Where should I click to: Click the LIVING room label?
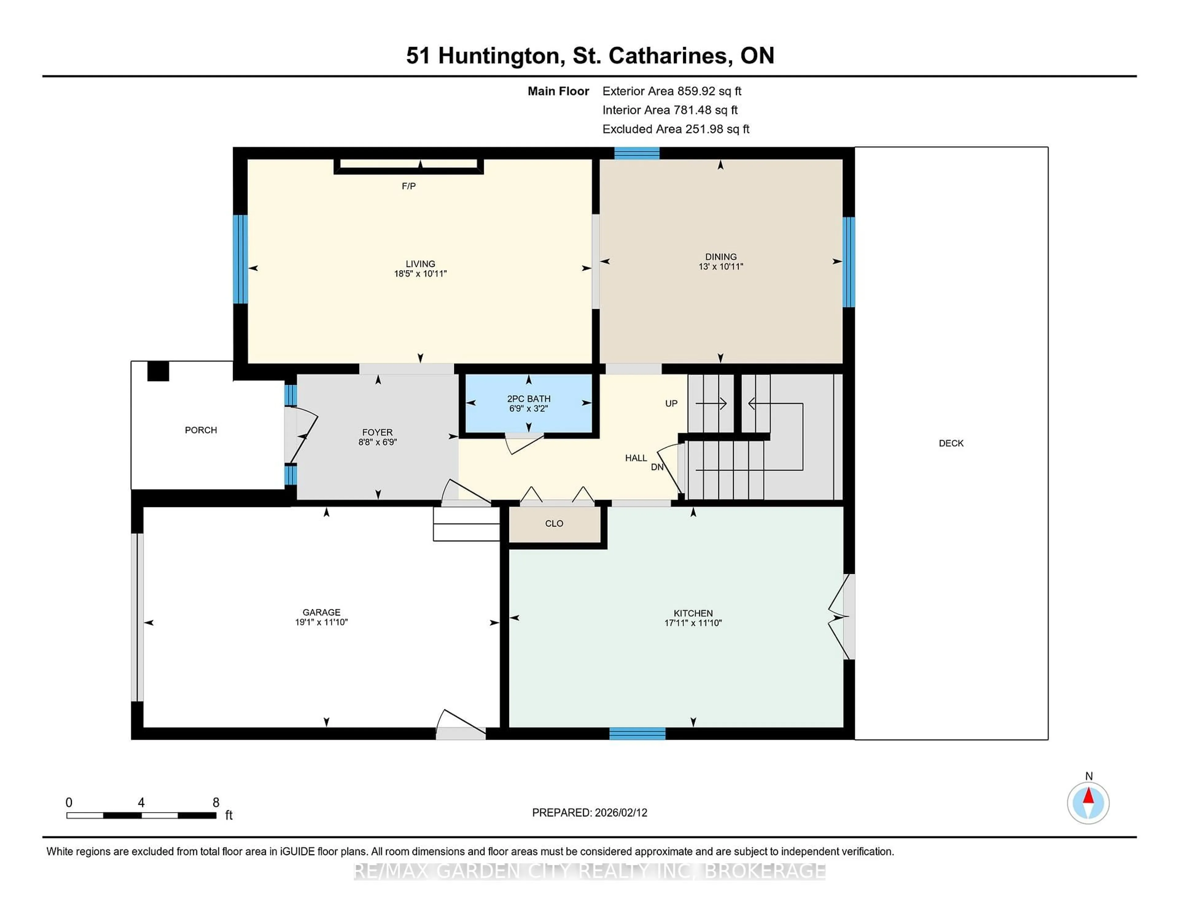coord(420,264)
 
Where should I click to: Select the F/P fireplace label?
coord(409,186)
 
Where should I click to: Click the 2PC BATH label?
coord(528,399)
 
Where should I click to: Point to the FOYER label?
coord(377,432)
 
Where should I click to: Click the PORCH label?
coord(201,430)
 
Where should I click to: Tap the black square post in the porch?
coord(158,371)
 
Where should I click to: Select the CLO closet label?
coord(554,524)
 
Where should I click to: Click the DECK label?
coord(951,443)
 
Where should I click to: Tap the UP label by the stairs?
coord(671,404)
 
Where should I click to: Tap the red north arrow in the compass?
coord(1088,796)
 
